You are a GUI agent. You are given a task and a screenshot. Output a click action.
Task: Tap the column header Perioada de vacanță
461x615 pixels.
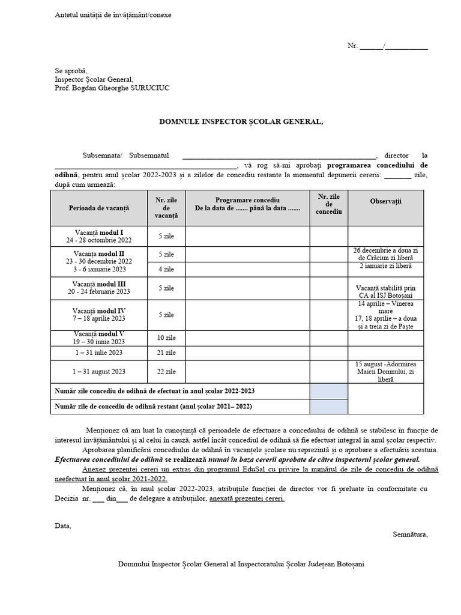[99, 208]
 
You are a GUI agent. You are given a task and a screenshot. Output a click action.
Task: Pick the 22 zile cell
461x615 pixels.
[166, 372]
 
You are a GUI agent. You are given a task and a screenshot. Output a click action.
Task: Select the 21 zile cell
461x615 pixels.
[166, 353]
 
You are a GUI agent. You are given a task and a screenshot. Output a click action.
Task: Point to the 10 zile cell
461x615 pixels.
[166, 338]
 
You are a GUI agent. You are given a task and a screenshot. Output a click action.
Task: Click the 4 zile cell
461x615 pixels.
[166, 269]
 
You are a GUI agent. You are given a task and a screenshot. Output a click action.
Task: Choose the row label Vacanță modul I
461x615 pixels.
[99, 232]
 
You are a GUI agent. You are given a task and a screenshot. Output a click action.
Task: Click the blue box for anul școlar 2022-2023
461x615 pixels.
[328, 391]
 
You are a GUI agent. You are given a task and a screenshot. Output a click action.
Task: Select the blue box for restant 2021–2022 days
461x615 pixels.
[328, 407]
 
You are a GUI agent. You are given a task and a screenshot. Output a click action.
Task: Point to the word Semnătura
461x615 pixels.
[410, 533]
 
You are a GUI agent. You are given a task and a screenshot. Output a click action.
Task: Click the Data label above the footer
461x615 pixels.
[62, 526]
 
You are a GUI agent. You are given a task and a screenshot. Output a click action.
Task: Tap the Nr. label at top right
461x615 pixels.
[352, 46]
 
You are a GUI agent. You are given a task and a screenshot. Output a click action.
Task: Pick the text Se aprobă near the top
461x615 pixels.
[71, 71]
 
